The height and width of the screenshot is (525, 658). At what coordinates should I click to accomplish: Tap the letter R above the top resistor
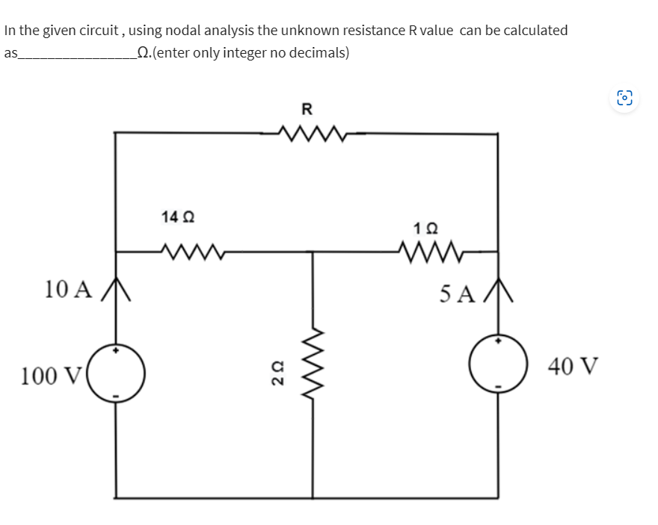coord(307,109)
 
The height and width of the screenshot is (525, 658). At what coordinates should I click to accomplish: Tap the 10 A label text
coord(68,289)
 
